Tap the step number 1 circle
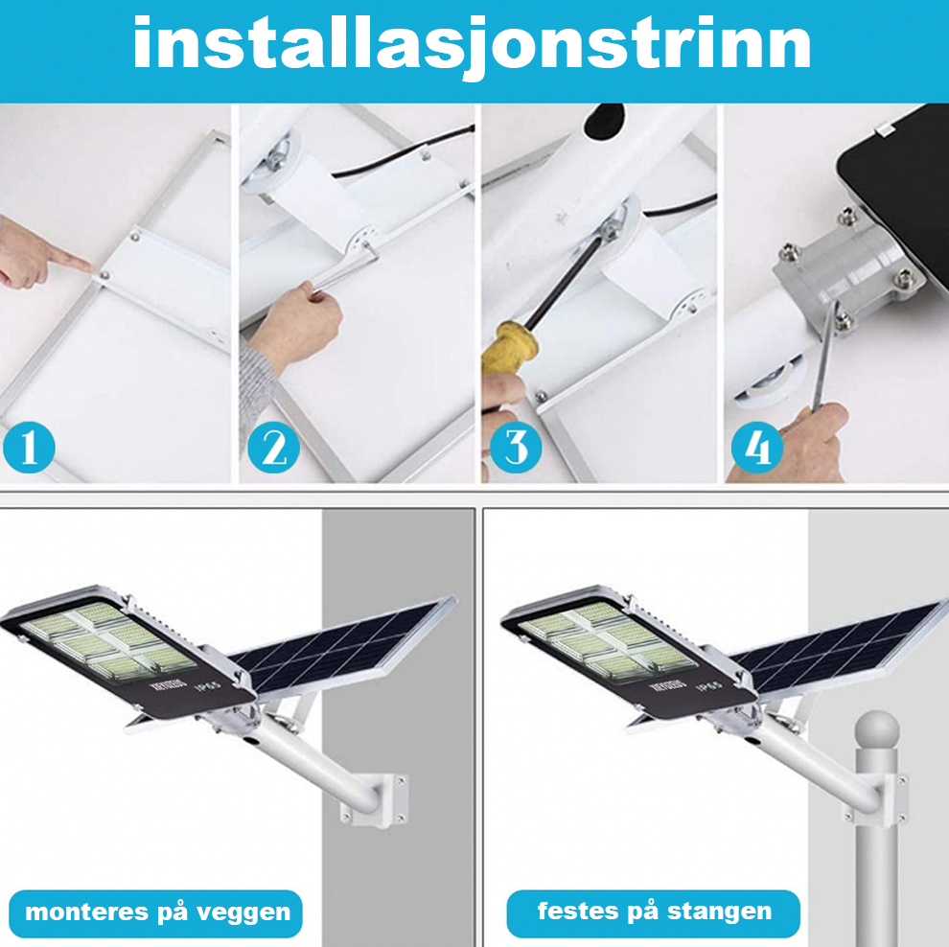(x=29, y=448)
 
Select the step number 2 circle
(x=274, y=448)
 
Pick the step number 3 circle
(x=517, y=448)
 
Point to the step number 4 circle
(x=758, y=448)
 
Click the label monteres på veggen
(x=157, y=912)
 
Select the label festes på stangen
(x=654, y=912)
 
